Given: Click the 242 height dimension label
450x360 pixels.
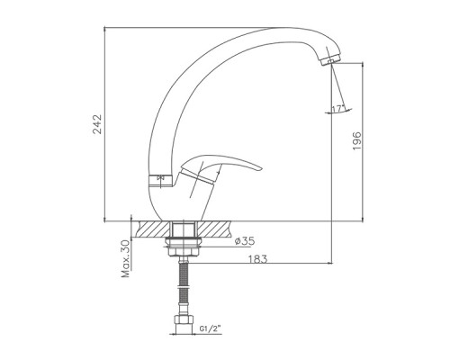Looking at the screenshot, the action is pos(97,124).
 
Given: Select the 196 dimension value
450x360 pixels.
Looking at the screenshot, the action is pos(356,140).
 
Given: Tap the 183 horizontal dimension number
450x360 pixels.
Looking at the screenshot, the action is pos(257,258).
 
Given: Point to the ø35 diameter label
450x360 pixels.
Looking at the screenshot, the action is pos(245,240).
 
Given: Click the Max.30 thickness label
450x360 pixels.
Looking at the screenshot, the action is pos(126,258).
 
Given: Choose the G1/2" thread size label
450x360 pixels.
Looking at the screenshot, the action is pos(210,328).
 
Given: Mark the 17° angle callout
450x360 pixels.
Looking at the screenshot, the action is pos(337,109).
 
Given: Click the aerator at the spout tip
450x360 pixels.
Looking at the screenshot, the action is pos(329,59).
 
